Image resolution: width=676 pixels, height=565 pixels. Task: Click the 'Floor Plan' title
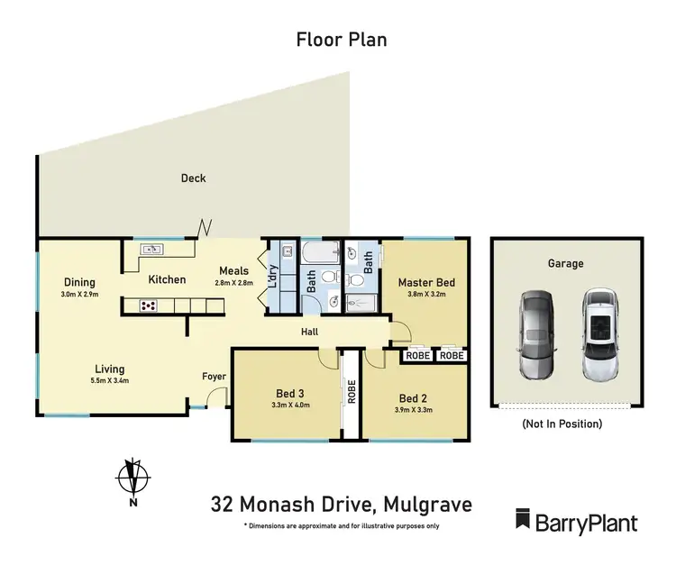(342, 40)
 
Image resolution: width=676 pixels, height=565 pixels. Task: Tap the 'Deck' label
(193, 178)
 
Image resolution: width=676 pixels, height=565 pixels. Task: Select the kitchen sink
(150, 250)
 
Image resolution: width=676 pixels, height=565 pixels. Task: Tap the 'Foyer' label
(214, 378)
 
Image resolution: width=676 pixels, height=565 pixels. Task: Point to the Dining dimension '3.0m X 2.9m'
(79, 295)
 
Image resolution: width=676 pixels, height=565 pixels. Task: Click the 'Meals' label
(234, 270)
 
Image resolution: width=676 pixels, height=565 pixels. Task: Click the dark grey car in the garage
(534, 334)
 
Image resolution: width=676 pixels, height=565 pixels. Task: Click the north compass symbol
(133, 477)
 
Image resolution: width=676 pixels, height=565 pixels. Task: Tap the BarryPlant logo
(576, 521)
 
